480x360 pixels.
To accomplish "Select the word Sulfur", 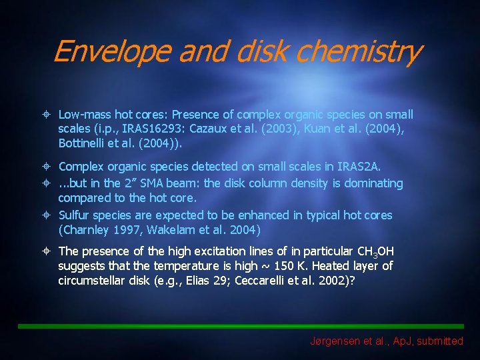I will pyautogui.click(x=75, y=215).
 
